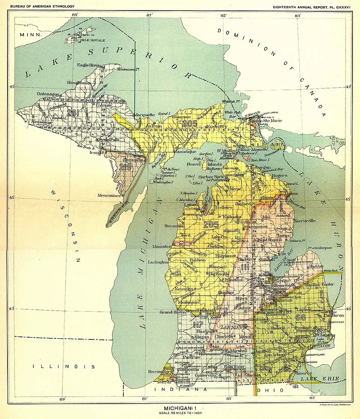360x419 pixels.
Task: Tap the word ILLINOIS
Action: point(64,366)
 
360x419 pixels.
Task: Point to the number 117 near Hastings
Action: point(198,325)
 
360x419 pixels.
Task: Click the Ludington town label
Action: point(159,262)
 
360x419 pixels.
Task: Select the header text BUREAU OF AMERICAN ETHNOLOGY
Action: point(40,6)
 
